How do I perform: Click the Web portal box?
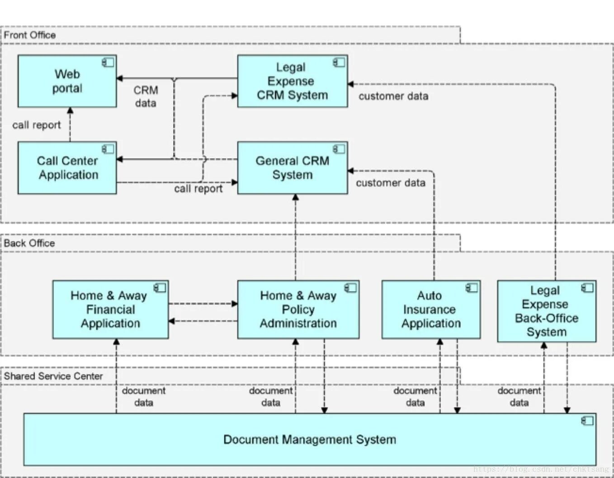[x=67, y=81]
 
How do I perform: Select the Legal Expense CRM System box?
[x=292, y=81]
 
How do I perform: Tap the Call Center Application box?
[x=67, y=168]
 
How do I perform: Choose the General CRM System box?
[x=292, y=168]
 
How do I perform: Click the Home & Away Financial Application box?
[x=110, y=310]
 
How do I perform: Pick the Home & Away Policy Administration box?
[x=298, y=310]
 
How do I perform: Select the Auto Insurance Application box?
[x=430, y=310]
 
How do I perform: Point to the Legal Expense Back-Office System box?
[x=546, y=311]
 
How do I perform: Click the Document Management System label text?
[x=310, y=440]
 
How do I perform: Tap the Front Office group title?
[x=30, y=35]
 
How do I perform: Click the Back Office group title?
[x=29, y=243]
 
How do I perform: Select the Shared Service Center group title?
[x=53, y=376]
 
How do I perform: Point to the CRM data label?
[x=146, y=96]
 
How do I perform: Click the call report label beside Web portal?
[x=37, y=125]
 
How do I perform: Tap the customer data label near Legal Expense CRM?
[x=393, y=96]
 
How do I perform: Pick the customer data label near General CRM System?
[x=391, y=183]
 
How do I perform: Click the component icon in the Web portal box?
[x=108, y=62]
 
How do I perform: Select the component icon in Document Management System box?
[x=587, y=421]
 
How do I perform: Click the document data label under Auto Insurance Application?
[x=415, y=397]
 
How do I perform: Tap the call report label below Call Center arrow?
[x=198, y=189]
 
